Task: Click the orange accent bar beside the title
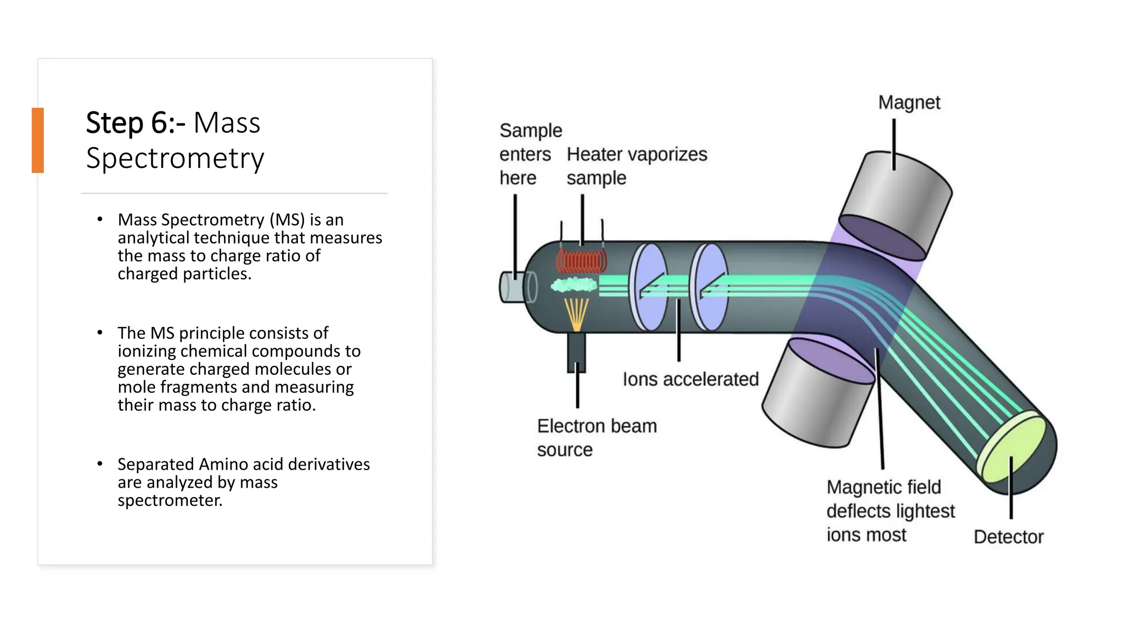(x=37, y=140)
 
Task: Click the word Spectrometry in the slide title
(x=175, y=158)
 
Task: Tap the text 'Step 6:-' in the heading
(x=135, y=122)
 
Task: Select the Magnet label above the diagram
(x=909, y=103)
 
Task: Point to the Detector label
(x=1008, y=537)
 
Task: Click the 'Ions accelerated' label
(x=690, y=379)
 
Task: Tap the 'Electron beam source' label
(x=596, y=438)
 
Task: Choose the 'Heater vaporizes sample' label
(x=637, y=166)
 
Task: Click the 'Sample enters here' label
(x=530, y=154)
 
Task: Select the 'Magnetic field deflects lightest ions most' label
(x=890, y=511)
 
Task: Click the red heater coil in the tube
(x=581, y=262)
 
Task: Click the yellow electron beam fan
(x=576, y=313)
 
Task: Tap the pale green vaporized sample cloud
(x=574, y=285)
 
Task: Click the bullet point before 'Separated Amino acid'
(x=100, y=464)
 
